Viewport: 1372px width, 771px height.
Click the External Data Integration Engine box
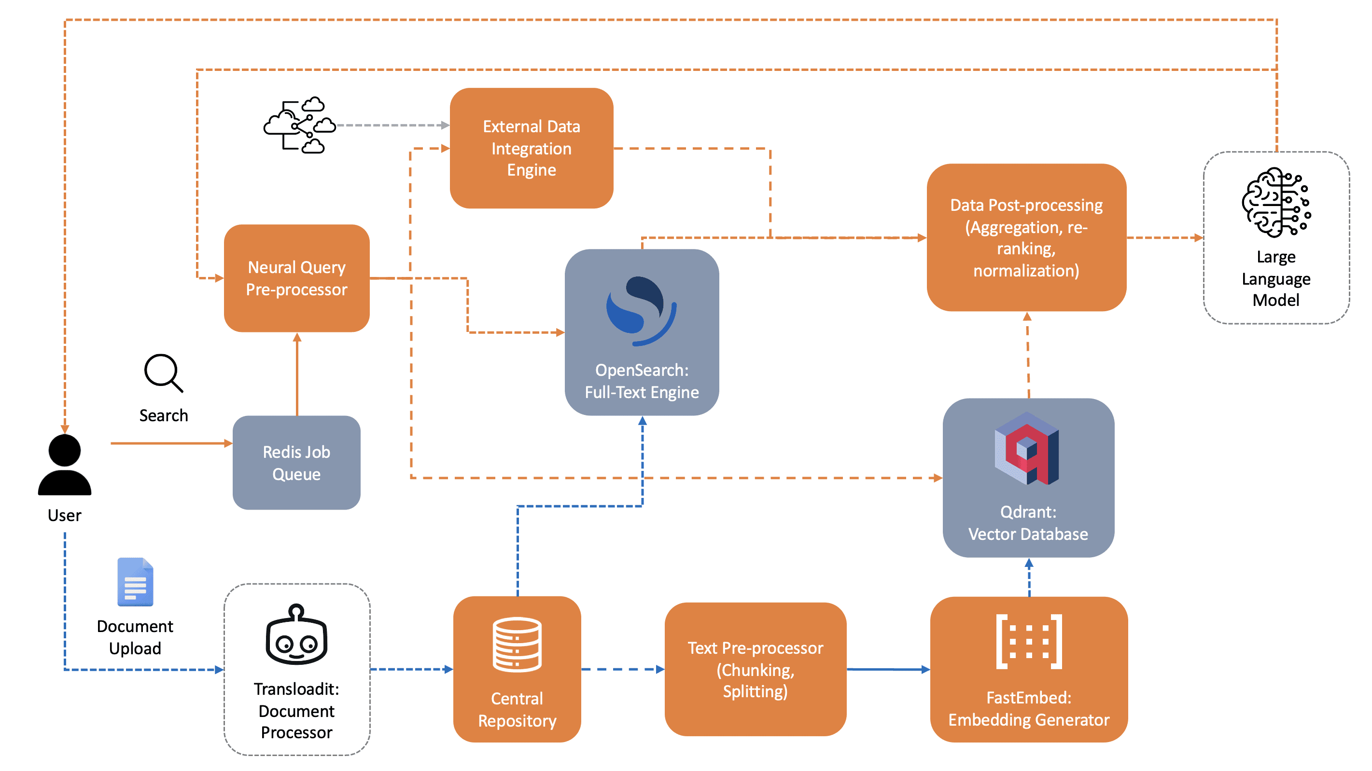[x=531, y=148]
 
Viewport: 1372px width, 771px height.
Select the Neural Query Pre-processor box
[x=297, y=278]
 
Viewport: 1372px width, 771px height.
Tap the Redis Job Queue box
[x=297, y=463]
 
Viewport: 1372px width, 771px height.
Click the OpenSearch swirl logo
[x=641, y=310]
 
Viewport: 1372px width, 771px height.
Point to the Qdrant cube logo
[x=1026, y=448]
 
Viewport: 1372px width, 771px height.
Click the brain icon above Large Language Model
[x=1276, y=202]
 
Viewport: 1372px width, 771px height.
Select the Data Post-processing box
[x=1026, y=237]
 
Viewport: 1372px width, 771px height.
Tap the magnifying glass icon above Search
[x=164, y=373]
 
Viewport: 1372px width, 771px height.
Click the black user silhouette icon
[x=64, y=465]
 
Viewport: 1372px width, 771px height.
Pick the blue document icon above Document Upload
[x=135, y=582]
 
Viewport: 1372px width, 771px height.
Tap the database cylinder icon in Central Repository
[x=517, y=644]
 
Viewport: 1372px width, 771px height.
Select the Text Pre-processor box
[x=755, y=669]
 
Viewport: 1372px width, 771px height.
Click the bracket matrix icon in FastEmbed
[x=1029, y=641]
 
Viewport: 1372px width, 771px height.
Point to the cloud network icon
[x=300, y=125]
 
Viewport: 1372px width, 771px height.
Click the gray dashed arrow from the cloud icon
[x=393, y=125]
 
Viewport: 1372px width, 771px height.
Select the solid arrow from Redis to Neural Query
[x=297, y=374]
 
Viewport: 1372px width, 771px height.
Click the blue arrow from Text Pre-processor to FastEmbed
[x=888, y=669]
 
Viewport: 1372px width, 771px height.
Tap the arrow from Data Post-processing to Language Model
[x=1165, y=237]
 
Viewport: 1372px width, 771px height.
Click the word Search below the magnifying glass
[x=164, y=415]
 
